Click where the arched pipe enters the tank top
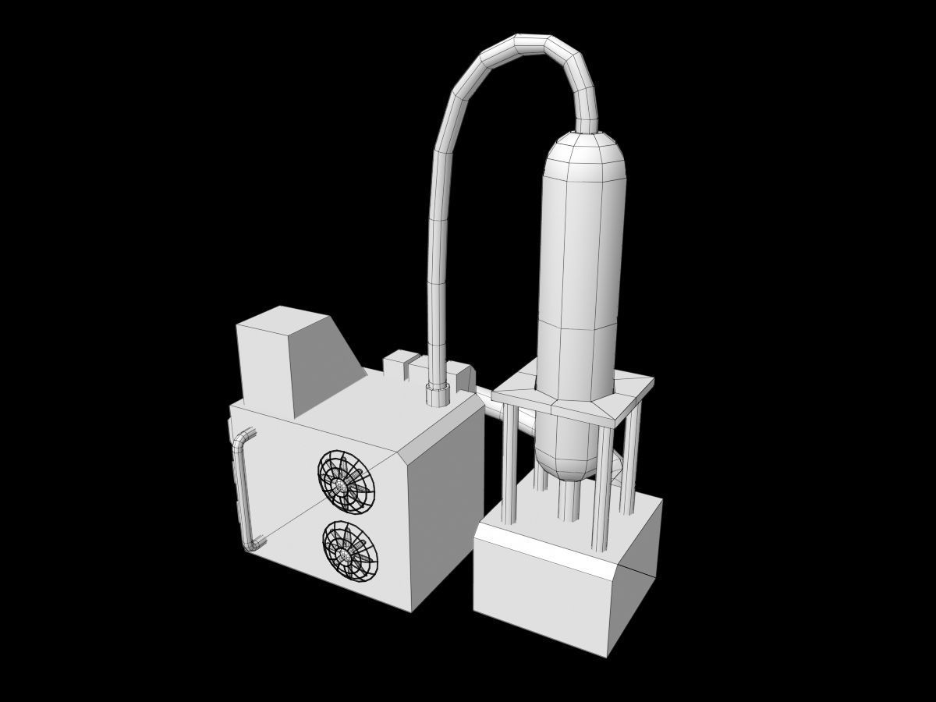tap(586, 125)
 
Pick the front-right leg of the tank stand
tap(602, 484)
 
